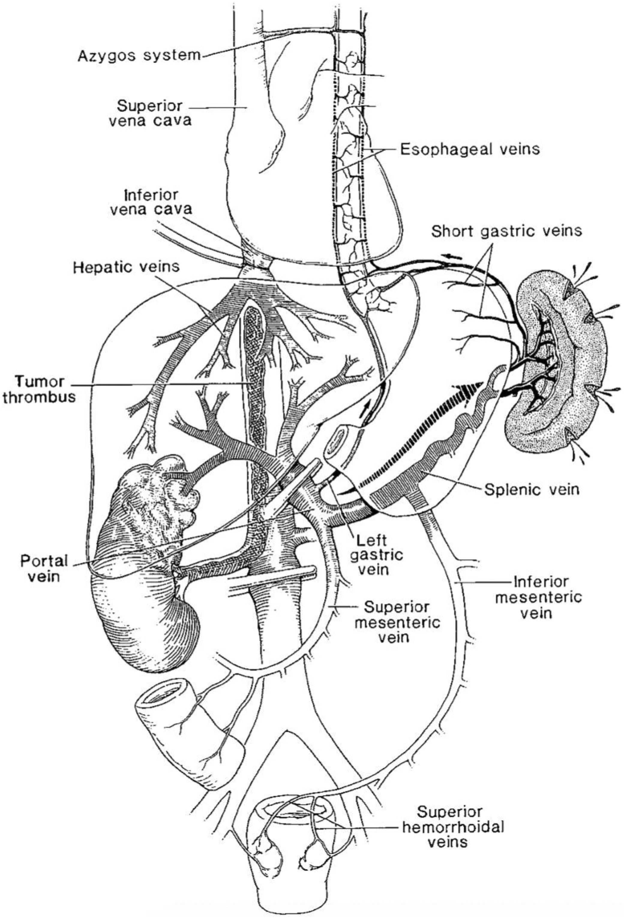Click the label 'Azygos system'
coord(139,56)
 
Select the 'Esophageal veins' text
coord(470,149)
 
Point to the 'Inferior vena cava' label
coord(150,202)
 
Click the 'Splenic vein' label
coord(531,490)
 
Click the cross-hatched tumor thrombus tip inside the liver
coord(255,324)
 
